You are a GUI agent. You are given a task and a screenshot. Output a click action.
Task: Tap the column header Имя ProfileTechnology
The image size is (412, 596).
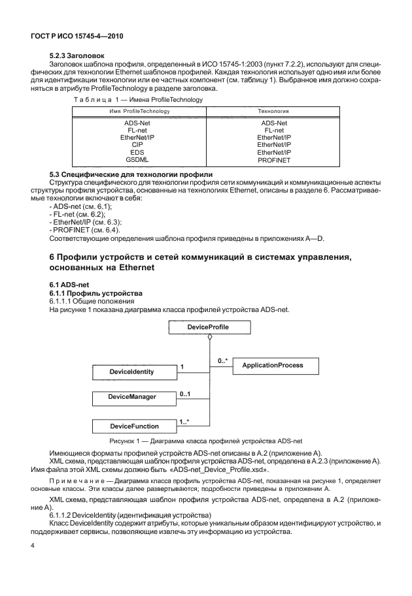pyautogui.click(x=139, y=112)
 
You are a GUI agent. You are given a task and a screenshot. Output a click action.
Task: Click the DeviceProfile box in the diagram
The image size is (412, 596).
pyautogui.click(x=209, y=326)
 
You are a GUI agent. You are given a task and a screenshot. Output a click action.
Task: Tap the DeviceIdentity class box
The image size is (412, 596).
pyautogui.click(x=132, y=371)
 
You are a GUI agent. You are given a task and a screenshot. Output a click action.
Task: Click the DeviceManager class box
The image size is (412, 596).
pyautogui.click(x=132, y=396)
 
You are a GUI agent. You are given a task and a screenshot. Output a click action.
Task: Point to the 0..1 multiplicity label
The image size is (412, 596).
pyautogui.click(x=184, y=394)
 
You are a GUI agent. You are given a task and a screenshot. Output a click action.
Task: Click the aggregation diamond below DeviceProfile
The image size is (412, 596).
pyautogui.click(x=209, y=337)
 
